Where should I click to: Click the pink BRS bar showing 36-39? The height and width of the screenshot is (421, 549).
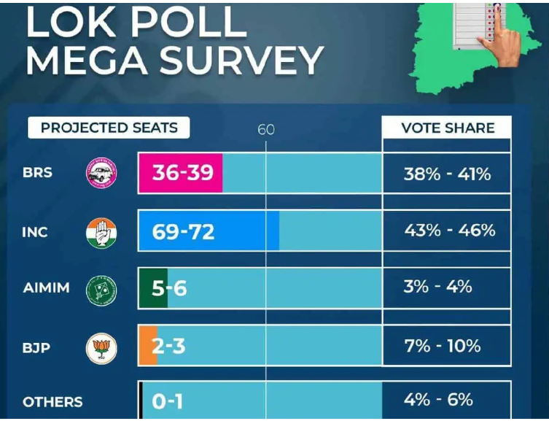tap(181, 173)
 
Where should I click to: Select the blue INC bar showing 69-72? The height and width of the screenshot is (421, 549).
tap(208, 231)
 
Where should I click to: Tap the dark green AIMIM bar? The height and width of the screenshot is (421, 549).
tap(154, 288)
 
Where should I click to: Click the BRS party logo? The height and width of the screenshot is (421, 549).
tap(101, 174)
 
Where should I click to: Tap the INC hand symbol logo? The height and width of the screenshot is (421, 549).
tap(101, 232)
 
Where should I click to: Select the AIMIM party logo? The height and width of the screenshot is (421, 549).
tap(101, 289)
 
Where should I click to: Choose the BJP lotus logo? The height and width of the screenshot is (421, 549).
tap(101, 347)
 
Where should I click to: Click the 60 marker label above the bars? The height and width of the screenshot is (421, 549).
tap(266, 130)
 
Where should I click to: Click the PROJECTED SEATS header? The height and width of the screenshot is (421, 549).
tap(109, 128)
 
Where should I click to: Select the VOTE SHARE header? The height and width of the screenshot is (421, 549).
tap(447, 128)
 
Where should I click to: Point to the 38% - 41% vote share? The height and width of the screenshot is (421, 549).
tap(447, 174)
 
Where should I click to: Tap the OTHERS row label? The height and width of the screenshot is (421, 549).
tap(52, 402)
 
